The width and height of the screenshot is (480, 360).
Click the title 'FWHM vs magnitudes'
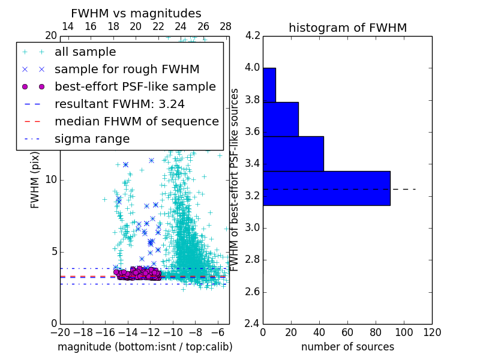[x=136, y=13]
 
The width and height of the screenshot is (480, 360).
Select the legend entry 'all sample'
[x=85, y=52]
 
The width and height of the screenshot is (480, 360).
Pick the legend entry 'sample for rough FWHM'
[x=127, y=69]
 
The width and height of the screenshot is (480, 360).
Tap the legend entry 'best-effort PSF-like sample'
[x=135, y=86]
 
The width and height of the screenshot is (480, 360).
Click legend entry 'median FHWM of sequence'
[x=136, y=121]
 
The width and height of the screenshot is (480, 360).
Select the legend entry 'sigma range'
[x=92, y=139]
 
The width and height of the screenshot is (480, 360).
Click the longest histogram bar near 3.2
[x=326, y=188]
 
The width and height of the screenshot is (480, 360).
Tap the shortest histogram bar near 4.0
[x=269, y=85]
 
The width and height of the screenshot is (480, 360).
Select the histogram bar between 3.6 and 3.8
[x=280, y=119]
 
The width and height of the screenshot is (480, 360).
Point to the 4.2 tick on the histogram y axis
[x=252, y=35]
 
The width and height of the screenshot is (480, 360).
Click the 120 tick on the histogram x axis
[x=432, y=332]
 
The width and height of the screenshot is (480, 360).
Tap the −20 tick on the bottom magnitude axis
[x=60, y=332]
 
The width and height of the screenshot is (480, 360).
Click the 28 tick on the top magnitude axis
[x=226, y=26]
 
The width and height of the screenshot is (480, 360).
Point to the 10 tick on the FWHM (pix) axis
[x=52, y=179]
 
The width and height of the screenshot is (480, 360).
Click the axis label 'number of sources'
[x=347, y=347]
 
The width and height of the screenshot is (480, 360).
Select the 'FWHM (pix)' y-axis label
[x=35, y=179]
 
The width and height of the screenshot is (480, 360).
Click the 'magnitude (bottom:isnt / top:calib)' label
[x=145, y=347]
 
